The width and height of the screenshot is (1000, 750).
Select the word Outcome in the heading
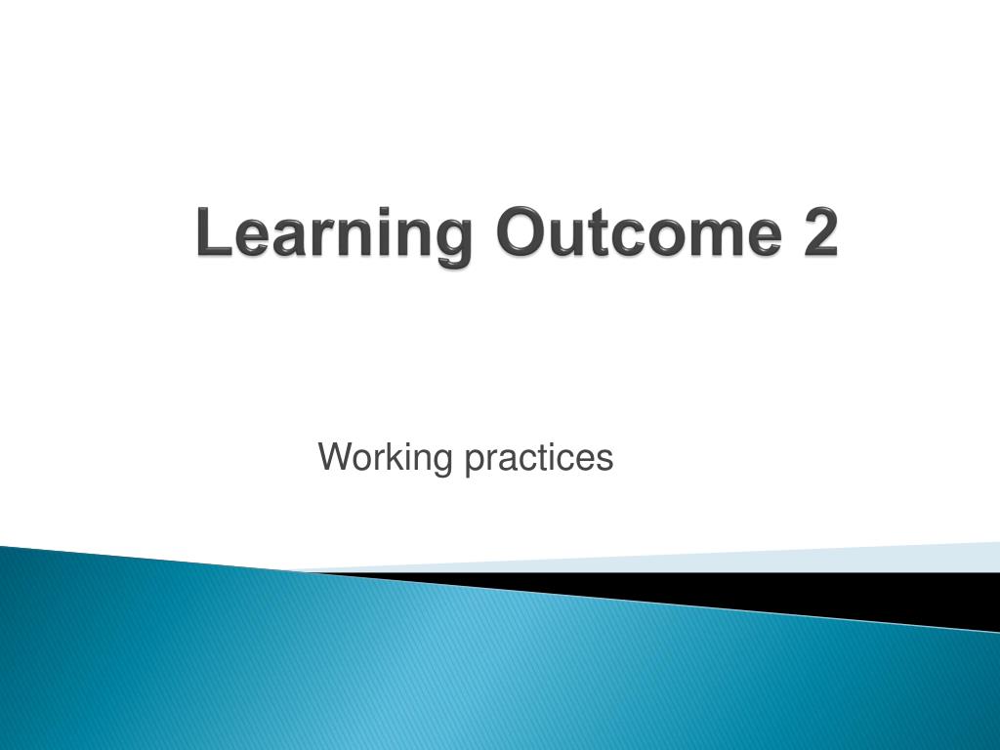(639, 234)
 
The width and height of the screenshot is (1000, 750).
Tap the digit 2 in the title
(821, 234)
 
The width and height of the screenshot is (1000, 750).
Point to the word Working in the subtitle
(387, 457)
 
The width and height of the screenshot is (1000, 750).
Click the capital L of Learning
(210, 234)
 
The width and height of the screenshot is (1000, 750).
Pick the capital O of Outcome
(519, 234)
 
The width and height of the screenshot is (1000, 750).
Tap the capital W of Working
(335, 456)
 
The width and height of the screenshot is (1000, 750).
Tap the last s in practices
(605, 458)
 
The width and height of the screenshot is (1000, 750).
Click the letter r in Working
(377, 458)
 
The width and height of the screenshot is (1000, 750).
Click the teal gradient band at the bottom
(391, 674)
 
